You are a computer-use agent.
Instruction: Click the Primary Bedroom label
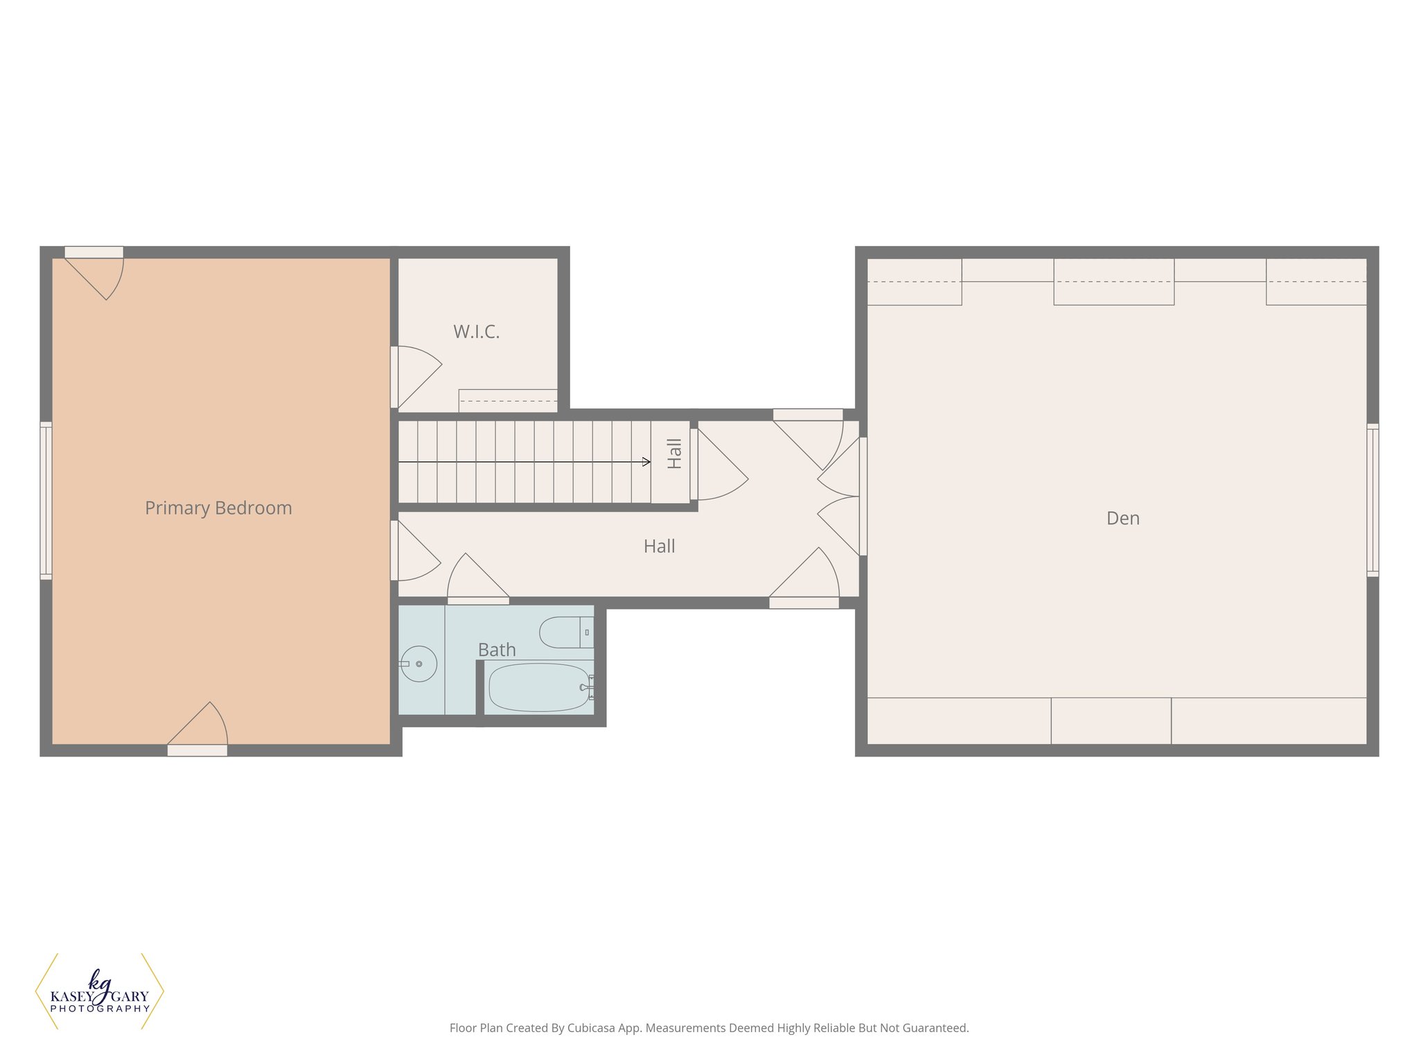(x=218, y=508)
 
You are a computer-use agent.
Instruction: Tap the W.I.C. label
(x=476, y=332)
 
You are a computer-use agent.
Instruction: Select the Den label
(x=1122, y=518)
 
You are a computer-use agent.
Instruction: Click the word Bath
(x=497, y=650)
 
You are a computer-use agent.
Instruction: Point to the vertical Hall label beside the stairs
(x=674, y=454)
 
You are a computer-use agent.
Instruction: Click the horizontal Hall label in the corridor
(x=659, y=547)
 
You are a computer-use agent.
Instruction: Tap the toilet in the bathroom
(x=565, y=632)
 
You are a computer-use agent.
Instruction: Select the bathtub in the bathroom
(x=539, y=687)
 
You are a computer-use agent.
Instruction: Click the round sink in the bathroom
(x=418, y=664)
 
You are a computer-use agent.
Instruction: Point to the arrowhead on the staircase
(x=646, y=462)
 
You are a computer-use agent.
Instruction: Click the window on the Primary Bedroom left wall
(x=46, y=500)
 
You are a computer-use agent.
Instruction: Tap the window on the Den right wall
(x=1373, y=500)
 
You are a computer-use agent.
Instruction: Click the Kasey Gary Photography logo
(x=100, y=991)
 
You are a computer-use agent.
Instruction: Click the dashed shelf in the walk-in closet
(x=508, y=400)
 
